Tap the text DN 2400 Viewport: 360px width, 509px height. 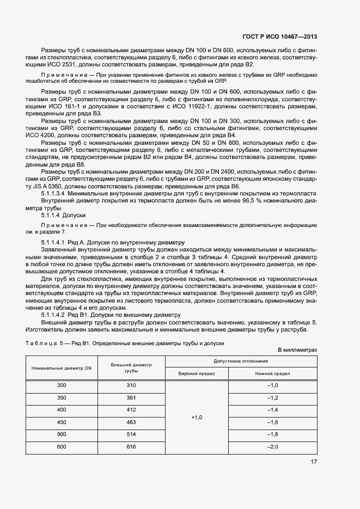pyautogui.click(x=229, y=171)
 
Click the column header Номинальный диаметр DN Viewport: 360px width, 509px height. pyautogui.click(x=62, y=369)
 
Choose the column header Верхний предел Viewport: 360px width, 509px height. pyautogui.click(x=197, y=374)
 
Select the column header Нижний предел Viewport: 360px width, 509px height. pyautogui.click(x=272, y=374)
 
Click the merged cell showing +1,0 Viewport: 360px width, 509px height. pyautogui.click(x=197, y=417)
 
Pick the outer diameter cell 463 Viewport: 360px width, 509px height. pyautogui.click(x=131, y=422)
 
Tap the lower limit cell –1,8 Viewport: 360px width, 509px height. pyautogui.click(x=272, y=434)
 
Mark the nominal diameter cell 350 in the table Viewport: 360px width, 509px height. pyautogui.click(x=62, y=397)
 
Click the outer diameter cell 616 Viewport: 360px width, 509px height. pyautogui.click(x=131, y=446)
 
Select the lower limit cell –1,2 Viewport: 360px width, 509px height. pyautogui.click(x=272, y=398)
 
